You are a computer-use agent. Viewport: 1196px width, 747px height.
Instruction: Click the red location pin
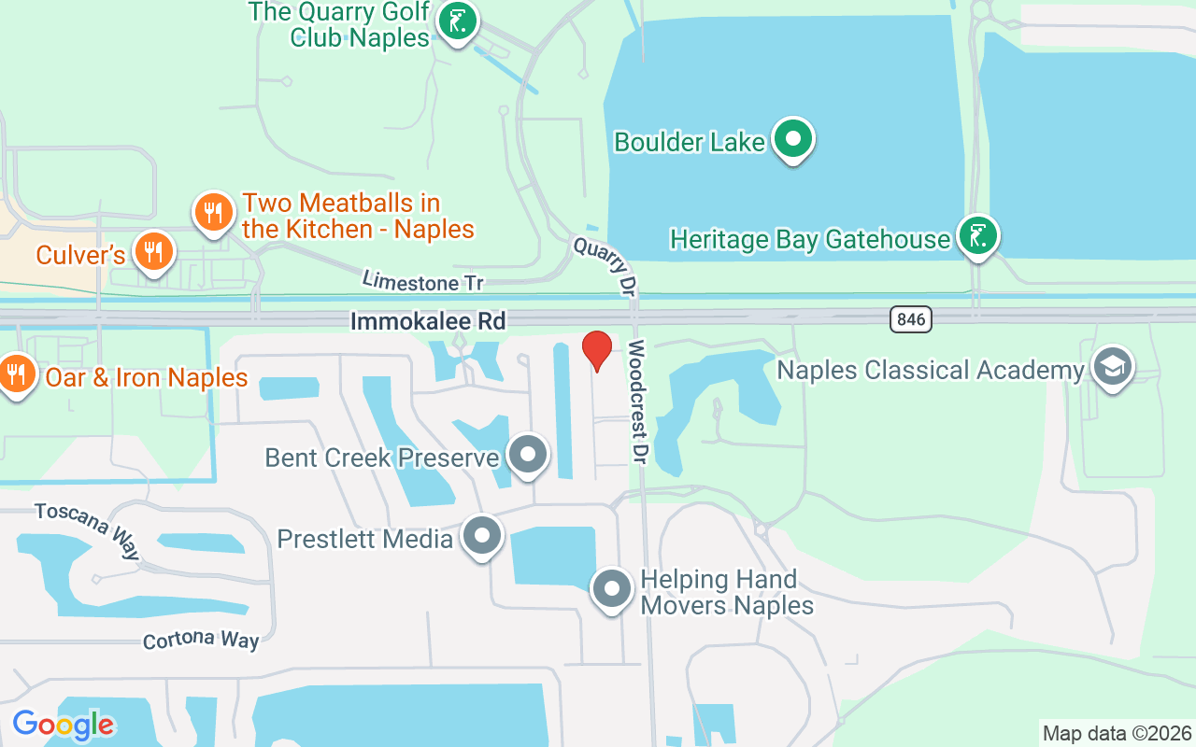tap(597, 350)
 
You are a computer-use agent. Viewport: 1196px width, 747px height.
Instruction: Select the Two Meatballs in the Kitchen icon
tap(214, 211)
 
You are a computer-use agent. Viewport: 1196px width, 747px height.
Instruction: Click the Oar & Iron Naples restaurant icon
tap(16, 374)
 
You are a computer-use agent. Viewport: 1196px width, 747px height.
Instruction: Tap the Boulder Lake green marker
tap(794, 139)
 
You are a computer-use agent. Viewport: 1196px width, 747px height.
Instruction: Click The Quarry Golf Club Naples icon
tap(457, 21)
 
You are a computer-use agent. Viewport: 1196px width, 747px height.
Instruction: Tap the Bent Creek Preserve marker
tap(528, 455)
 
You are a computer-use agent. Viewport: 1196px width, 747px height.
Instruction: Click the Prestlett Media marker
tap(482, 536)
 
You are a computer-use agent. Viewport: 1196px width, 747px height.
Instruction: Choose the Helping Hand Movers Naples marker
tap(612, 589)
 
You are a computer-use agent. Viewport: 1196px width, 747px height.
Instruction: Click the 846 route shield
tap(910, 319)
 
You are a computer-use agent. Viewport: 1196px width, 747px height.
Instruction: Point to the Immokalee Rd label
tap(428, 321)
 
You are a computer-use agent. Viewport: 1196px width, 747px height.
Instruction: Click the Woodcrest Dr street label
tap(638, 401)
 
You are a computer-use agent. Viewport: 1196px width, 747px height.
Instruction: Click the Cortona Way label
tap(200, 641)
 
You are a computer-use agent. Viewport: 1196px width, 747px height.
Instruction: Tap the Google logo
tap(64, 725)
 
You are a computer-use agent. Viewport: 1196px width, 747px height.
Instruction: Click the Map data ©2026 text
tap(1117, 733)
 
